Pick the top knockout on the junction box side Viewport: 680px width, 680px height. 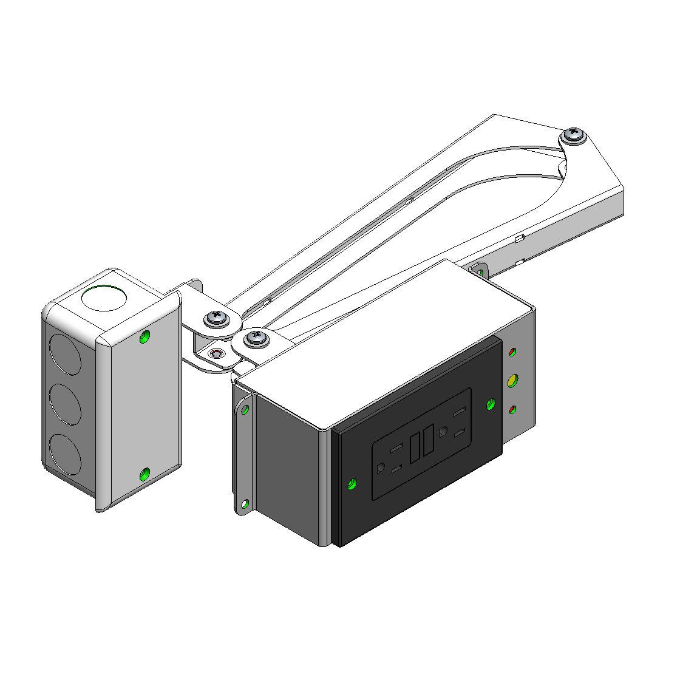64,352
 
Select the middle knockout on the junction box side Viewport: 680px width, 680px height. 64,403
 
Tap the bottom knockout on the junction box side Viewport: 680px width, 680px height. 63,452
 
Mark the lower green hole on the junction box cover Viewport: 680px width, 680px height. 144,475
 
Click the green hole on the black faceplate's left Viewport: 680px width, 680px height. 350,484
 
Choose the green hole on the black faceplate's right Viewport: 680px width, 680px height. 491,403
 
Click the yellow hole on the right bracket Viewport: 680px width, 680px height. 512,381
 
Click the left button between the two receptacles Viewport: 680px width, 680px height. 416,446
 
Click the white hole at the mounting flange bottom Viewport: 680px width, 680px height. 244,504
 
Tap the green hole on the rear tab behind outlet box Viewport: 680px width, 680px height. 480,270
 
